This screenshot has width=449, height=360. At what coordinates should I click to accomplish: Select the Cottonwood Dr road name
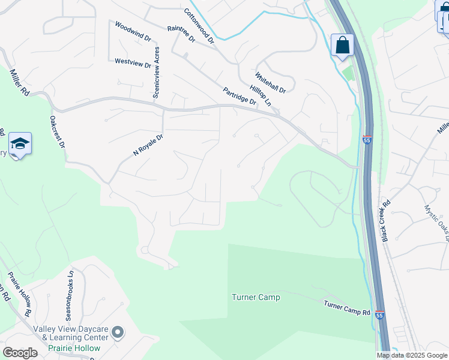[199, 26]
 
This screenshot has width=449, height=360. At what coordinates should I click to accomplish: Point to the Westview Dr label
[133, 62]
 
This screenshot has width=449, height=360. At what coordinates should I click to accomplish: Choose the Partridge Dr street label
[240, 96]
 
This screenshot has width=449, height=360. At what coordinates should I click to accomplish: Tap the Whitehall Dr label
[270, 82]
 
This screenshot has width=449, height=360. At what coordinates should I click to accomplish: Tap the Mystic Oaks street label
[436, 223]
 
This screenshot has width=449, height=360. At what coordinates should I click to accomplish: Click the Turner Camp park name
[256, 297]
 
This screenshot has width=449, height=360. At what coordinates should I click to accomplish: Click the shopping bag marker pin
[342, 45]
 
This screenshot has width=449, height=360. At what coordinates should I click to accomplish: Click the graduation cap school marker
[20, 144]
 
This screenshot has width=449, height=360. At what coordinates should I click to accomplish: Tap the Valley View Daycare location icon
[118, 332]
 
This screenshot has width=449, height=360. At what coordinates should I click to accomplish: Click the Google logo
[20, 353]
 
